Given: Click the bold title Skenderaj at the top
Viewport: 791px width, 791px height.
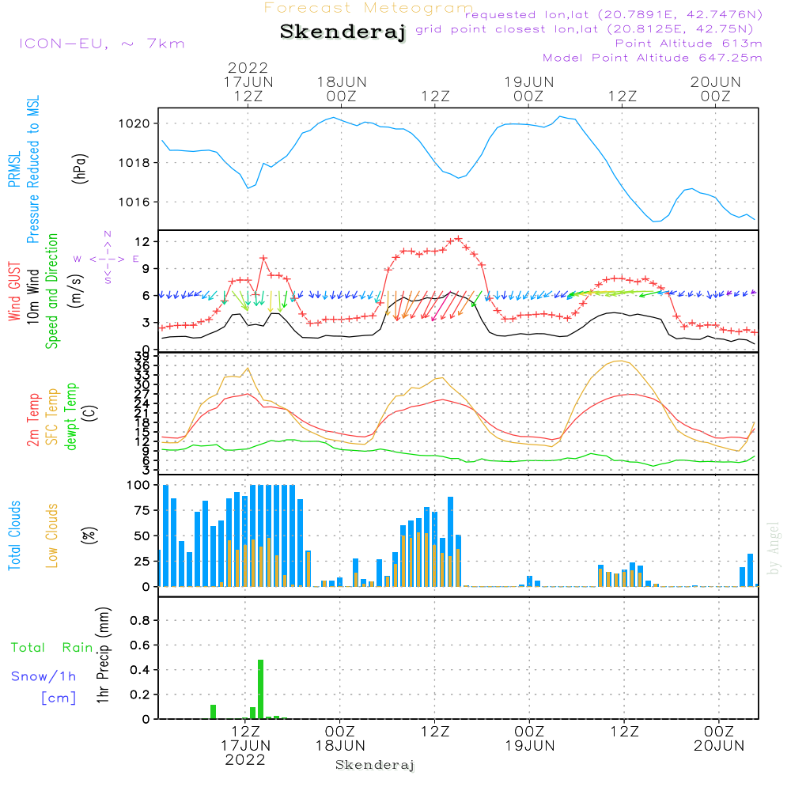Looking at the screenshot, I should (343, 32).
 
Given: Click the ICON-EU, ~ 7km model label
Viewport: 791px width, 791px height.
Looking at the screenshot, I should (101, 44).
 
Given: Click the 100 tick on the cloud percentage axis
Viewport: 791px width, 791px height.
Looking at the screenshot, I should (138, 485).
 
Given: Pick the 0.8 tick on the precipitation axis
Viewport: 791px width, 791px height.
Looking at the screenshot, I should (140, 621).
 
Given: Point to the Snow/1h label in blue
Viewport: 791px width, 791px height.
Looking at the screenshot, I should (44, 676).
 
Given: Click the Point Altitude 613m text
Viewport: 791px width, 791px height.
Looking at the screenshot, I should (688, 44).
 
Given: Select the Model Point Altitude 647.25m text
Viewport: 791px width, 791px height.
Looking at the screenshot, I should (652, 58).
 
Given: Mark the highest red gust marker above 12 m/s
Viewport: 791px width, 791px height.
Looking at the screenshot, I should (458, 239).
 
